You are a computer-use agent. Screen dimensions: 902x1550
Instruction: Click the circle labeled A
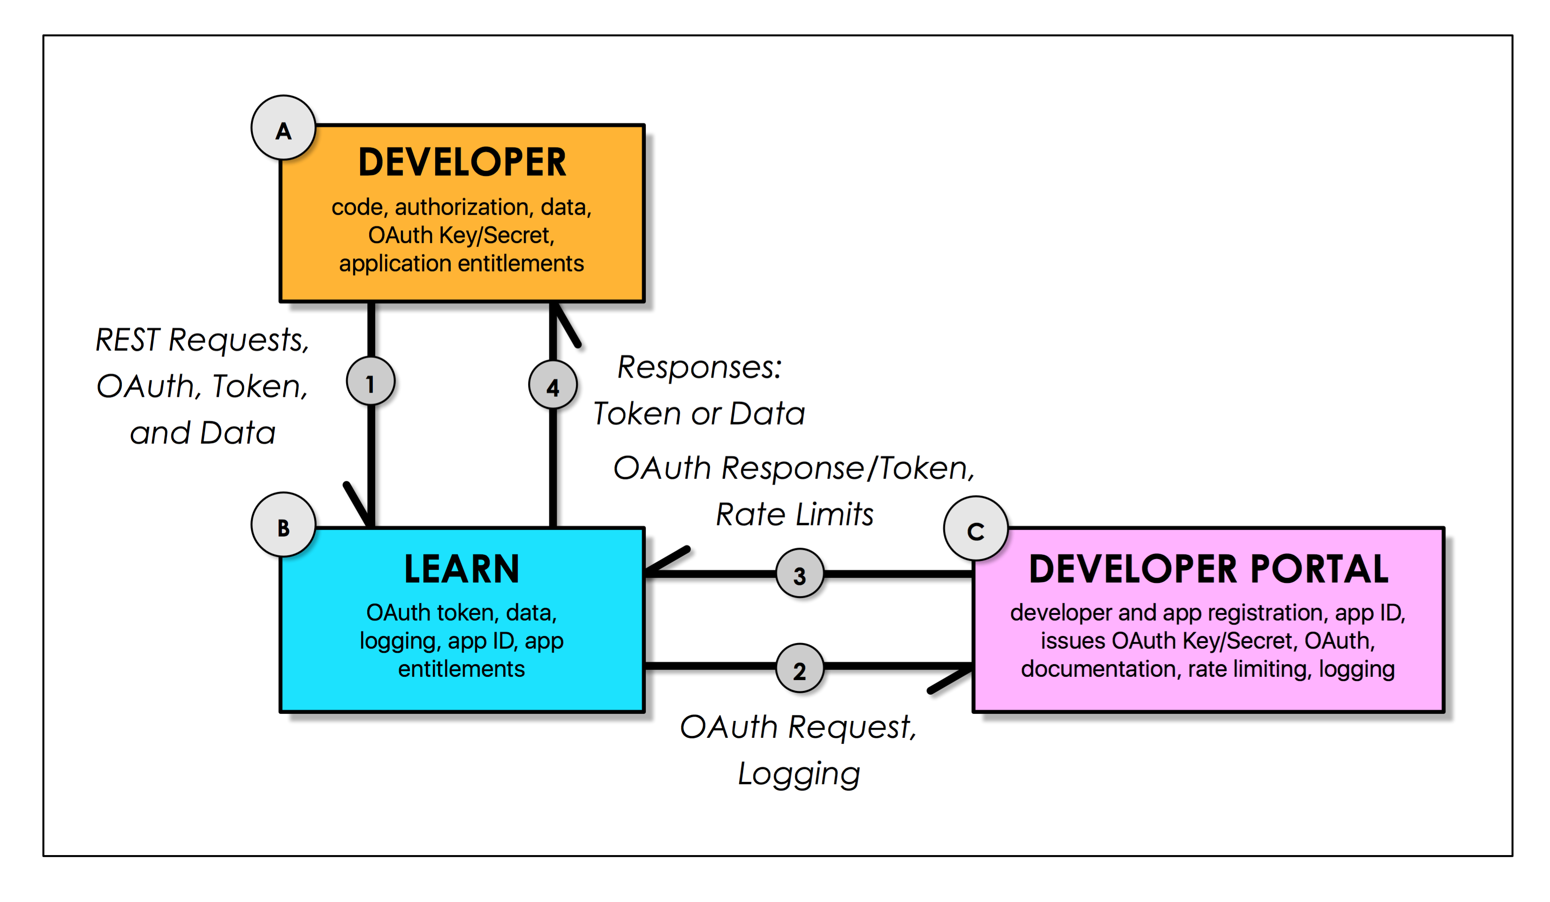284,128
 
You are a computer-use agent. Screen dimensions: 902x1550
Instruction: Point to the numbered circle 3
799,574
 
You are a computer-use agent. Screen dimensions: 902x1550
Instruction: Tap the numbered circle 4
552,385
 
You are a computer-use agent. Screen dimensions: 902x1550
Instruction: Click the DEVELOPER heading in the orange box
461,162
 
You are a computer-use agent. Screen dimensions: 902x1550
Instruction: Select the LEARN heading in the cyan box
461,569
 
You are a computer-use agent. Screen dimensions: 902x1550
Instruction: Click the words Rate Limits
794,515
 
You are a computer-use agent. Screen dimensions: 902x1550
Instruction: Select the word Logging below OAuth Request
798,773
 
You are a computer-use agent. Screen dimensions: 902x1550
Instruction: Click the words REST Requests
202,340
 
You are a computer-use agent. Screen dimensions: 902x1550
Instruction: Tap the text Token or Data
699,413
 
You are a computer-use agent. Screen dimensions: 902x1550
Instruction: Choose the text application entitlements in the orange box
461,263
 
